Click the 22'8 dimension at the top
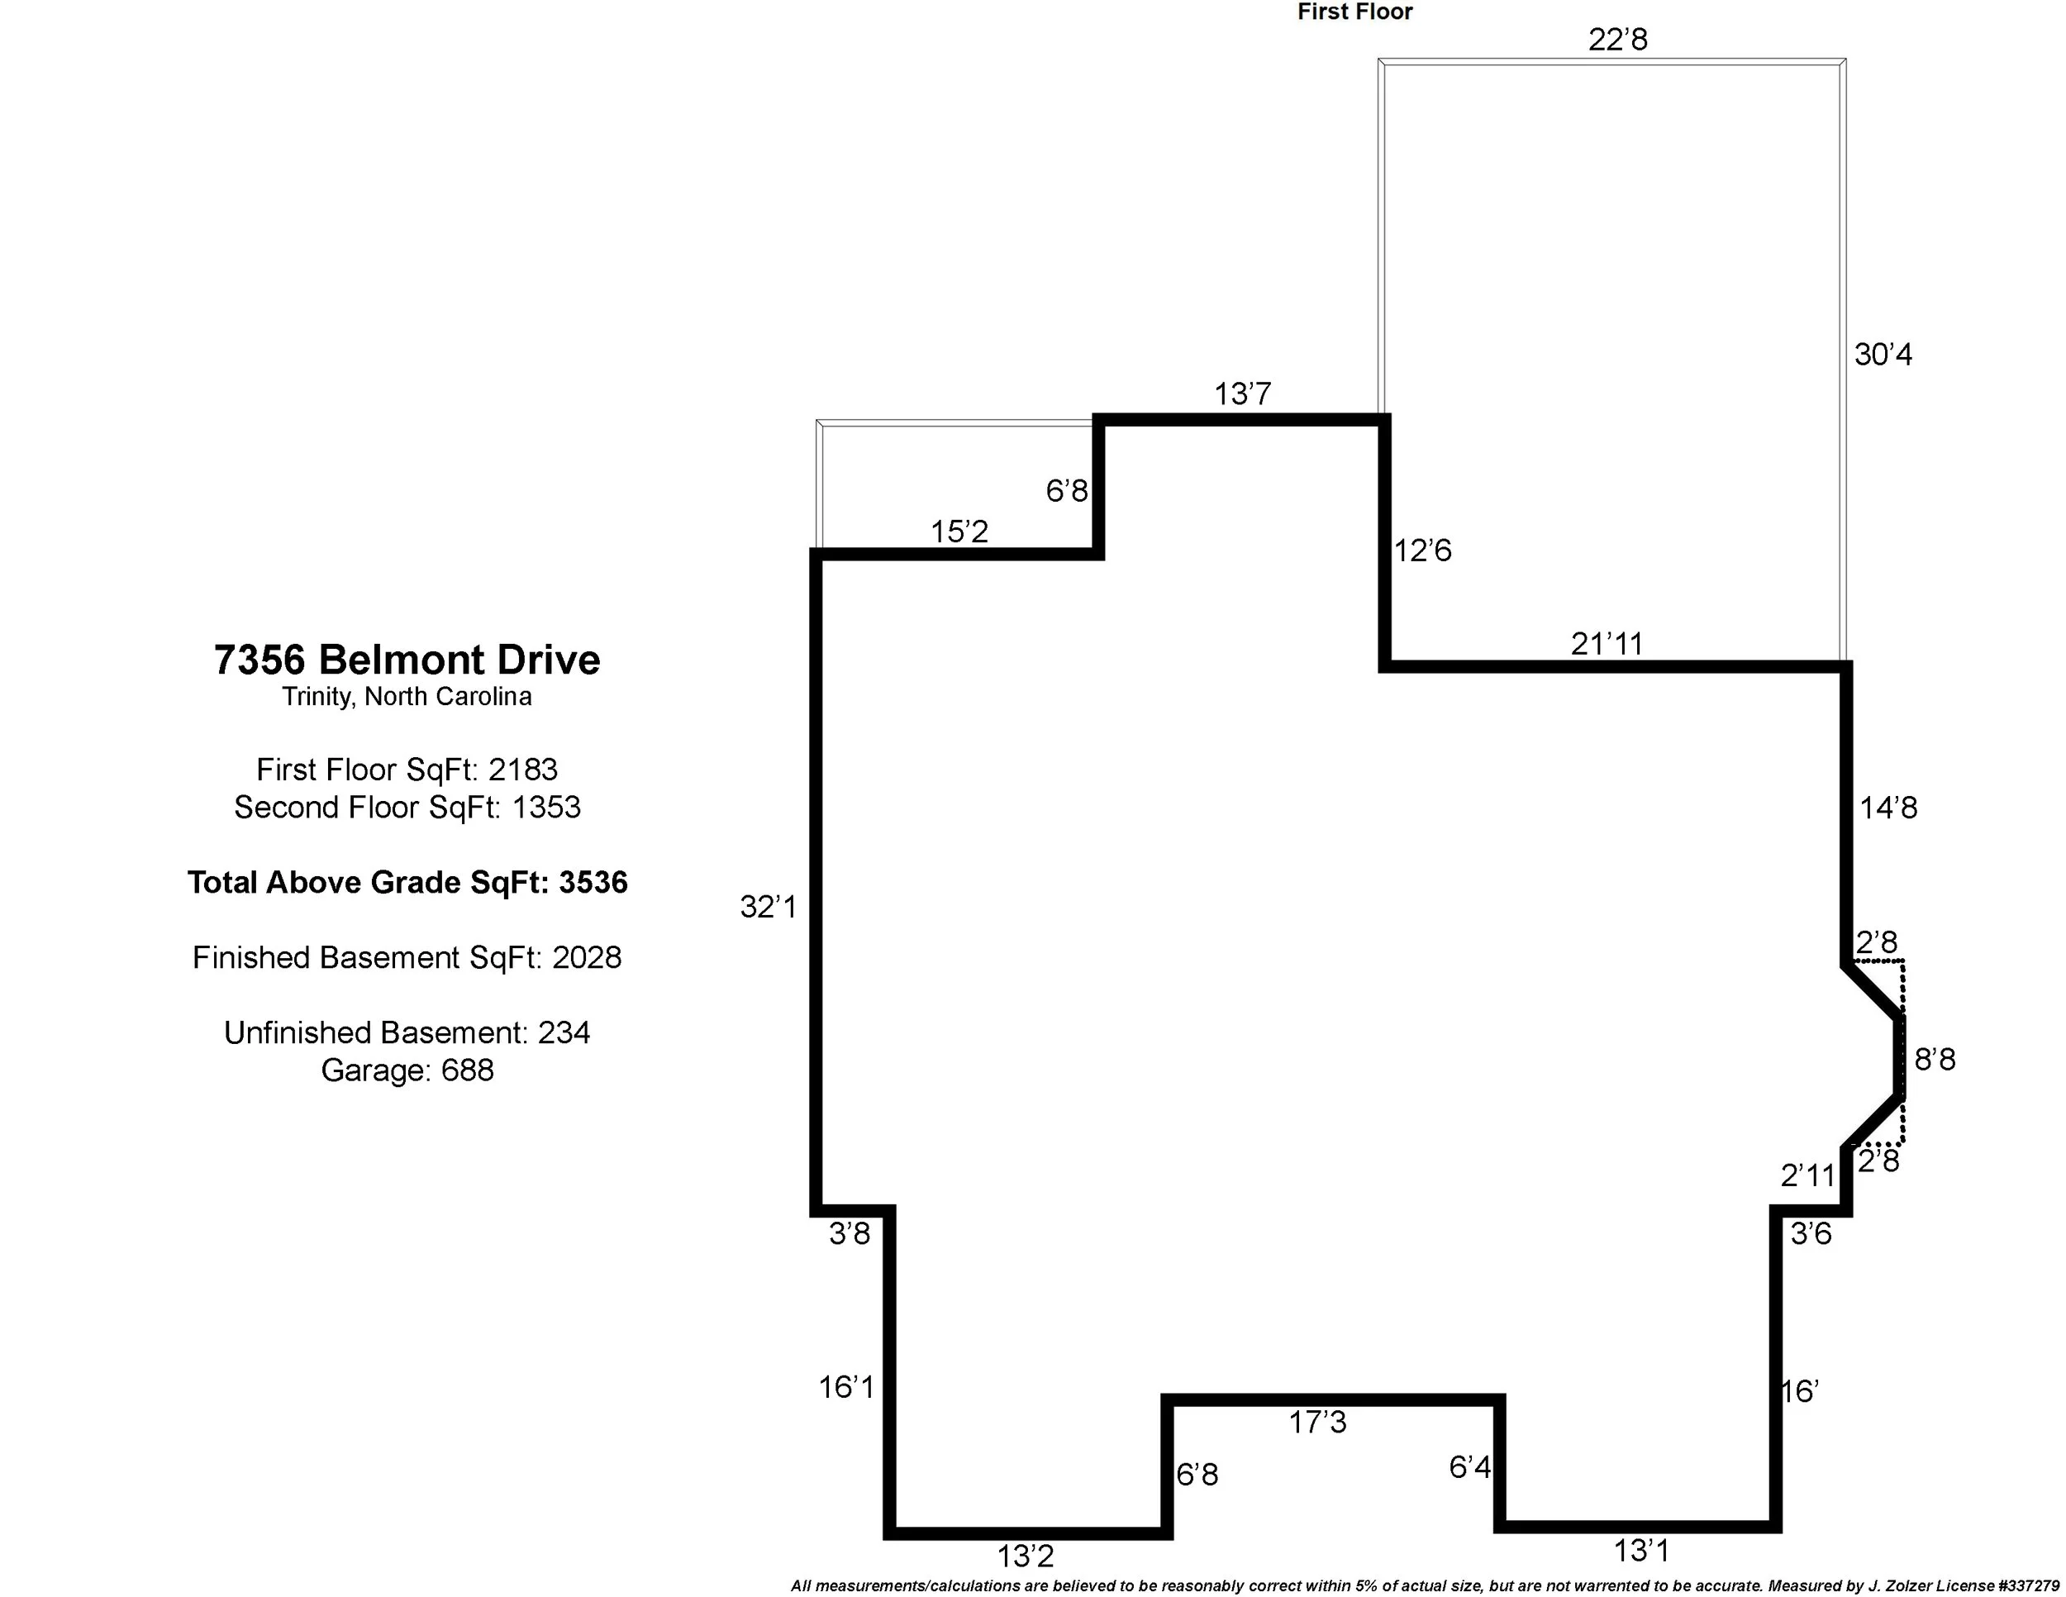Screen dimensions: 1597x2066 pos(1617,40)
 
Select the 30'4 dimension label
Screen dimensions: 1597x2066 pos(1883,355)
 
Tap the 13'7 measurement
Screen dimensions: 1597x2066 pos(1242,393)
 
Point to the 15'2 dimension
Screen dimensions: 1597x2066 pos(959,532)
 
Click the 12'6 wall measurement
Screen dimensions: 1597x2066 pos(1421,550)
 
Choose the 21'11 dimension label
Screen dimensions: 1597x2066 pos(1607,643)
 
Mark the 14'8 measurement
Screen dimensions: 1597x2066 pos(1888,808)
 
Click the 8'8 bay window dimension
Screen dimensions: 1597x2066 pos(1935,1060)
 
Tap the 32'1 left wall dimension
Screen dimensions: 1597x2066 pos(768,908)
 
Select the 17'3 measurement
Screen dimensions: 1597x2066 pos(1316,1422)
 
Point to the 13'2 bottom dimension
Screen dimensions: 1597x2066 pos(1025,1556)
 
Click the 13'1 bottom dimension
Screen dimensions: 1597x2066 pos(1640,1551)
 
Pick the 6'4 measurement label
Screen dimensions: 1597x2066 pos(1469,1467)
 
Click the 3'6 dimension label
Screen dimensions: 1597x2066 pos(1811,1233)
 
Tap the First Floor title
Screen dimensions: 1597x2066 pos(1354,12)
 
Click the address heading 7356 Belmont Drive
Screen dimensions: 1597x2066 pos(407,660)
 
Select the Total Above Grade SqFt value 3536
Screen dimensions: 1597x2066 pos(593,883)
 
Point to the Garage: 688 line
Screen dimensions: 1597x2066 pos(407,1070)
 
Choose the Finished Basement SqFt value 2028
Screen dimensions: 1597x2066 pos(587,957)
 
